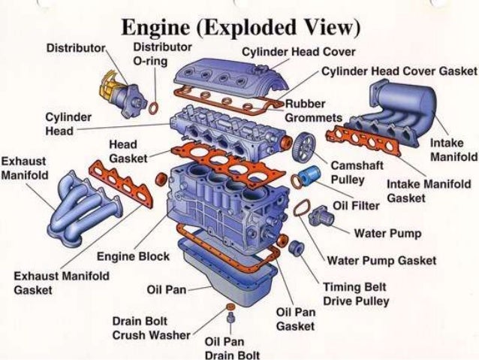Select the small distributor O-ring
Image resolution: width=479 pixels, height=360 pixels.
153,107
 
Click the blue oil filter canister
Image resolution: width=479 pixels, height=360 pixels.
308,179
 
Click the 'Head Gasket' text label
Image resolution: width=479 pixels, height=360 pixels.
127,151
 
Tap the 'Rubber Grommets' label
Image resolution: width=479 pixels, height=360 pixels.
314,110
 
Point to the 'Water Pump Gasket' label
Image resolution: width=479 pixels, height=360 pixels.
381,261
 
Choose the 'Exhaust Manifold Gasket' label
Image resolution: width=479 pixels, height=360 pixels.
61,283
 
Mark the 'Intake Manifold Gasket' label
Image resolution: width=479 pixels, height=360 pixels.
429,191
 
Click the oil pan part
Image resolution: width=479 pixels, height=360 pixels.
225,277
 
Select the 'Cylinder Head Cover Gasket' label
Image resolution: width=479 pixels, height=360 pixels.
399,71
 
